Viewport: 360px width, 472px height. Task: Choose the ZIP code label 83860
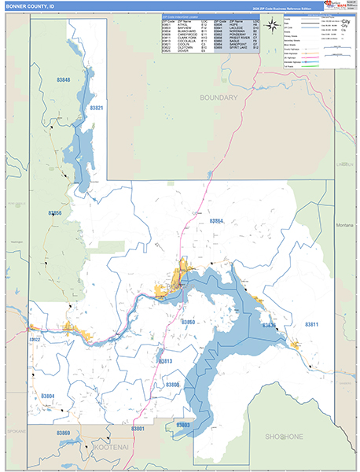pos(189,323)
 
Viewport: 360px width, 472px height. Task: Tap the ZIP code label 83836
pos(268,325)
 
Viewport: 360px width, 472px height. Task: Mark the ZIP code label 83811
pos(312,324)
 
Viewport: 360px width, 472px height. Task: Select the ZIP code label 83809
pos(172,384)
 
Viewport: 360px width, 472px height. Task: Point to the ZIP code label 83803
pos(182,425)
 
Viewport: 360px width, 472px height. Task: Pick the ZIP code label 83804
pos(48,396)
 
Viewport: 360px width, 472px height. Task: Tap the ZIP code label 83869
pos(63,433)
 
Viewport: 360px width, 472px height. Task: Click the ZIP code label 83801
pos(138,429)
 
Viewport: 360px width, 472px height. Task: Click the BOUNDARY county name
pos(218,98)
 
